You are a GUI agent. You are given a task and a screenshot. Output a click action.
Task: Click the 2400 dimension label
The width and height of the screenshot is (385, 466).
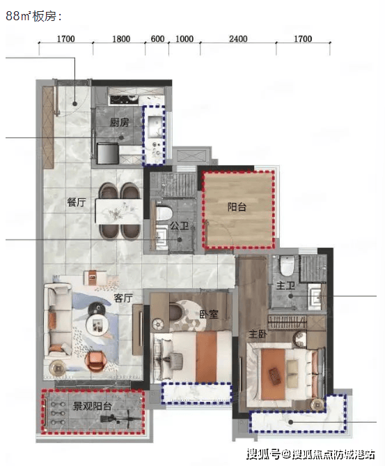[238, 39]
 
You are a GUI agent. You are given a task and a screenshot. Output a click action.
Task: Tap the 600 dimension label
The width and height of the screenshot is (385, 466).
[157, 39]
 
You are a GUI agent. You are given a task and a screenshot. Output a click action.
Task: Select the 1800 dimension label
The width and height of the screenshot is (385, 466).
[121, 39]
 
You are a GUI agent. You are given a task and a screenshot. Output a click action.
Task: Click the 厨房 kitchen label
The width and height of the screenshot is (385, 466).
[120, 122]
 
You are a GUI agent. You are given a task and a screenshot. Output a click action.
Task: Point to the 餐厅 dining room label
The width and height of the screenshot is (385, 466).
[77, 202]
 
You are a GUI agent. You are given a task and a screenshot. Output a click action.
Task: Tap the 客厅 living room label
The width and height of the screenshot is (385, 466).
[123, 298]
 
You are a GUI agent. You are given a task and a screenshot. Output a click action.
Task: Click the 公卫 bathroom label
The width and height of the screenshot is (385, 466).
[179, 225]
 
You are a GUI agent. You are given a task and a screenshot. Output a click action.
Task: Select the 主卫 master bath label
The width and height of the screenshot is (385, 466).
[285, 285]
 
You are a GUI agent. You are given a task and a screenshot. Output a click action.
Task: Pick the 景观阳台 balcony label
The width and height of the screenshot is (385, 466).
[92, 406]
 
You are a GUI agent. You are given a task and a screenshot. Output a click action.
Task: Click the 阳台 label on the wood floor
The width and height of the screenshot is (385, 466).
[237, 206]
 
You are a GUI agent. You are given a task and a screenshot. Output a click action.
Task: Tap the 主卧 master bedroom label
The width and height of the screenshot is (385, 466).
[258, 334]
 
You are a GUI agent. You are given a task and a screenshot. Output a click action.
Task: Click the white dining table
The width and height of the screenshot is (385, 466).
[118, 211]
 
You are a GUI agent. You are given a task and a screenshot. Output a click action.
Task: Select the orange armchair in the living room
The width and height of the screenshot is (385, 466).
[95, 361]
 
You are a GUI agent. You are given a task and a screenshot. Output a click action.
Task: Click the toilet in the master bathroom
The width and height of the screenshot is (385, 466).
[287, 265]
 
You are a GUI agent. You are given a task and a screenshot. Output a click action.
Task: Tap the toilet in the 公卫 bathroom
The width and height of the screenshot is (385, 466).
[164, 213]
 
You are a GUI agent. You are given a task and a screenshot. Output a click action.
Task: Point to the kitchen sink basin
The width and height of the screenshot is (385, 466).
[155, 123]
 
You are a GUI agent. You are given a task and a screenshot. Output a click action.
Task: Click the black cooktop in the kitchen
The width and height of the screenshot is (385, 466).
[124, 99]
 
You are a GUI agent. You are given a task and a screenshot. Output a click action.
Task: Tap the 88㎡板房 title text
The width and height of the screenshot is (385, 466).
[33, 16]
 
